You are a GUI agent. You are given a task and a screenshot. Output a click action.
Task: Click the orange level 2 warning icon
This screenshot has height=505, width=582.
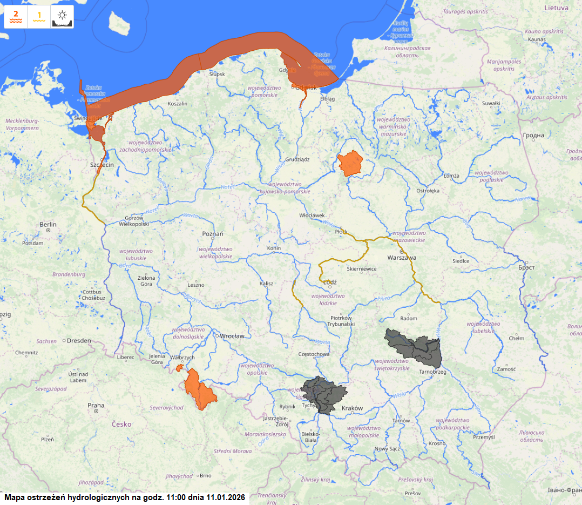point(16,17)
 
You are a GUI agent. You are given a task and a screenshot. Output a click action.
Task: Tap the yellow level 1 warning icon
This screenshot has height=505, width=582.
point(39,17)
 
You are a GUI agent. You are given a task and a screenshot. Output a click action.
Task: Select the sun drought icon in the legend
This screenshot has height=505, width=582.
point(63,17)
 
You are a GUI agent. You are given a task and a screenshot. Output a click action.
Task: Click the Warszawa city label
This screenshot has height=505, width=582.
point(402,258)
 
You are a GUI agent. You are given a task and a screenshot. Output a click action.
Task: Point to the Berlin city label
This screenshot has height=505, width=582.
point(48,224)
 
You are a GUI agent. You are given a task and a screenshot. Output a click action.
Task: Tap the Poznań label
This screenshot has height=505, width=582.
point(212,233)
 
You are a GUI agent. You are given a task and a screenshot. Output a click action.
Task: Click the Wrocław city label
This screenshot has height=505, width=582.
point(232,336)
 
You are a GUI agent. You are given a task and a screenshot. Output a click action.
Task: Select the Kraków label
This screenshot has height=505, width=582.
point(352,408)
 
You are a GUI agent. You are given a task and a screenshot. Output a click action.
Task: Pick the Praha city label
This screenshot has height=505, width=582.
point(96,405)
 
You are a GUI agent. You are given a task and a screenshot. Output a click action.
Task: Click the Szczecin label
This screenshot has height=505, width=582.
point(102,165)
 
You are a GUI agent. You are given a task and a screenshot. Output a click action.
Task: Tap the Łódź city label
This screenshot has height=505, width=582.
point(329,282)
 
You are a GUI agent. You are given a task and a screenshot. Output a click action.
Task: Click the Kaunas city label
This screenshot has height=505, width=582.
point(537,39)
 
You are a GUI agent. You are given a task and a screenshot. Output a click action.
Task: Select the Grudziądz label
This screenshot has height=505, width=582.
point(297,160)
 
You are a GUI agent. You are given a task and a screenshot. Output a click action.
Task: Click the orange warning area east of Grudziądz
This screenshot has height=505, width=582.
point(350,163)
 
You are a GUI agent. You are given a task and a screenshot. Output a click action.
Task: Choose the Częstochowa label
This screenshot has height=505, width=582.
point(314,354)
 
